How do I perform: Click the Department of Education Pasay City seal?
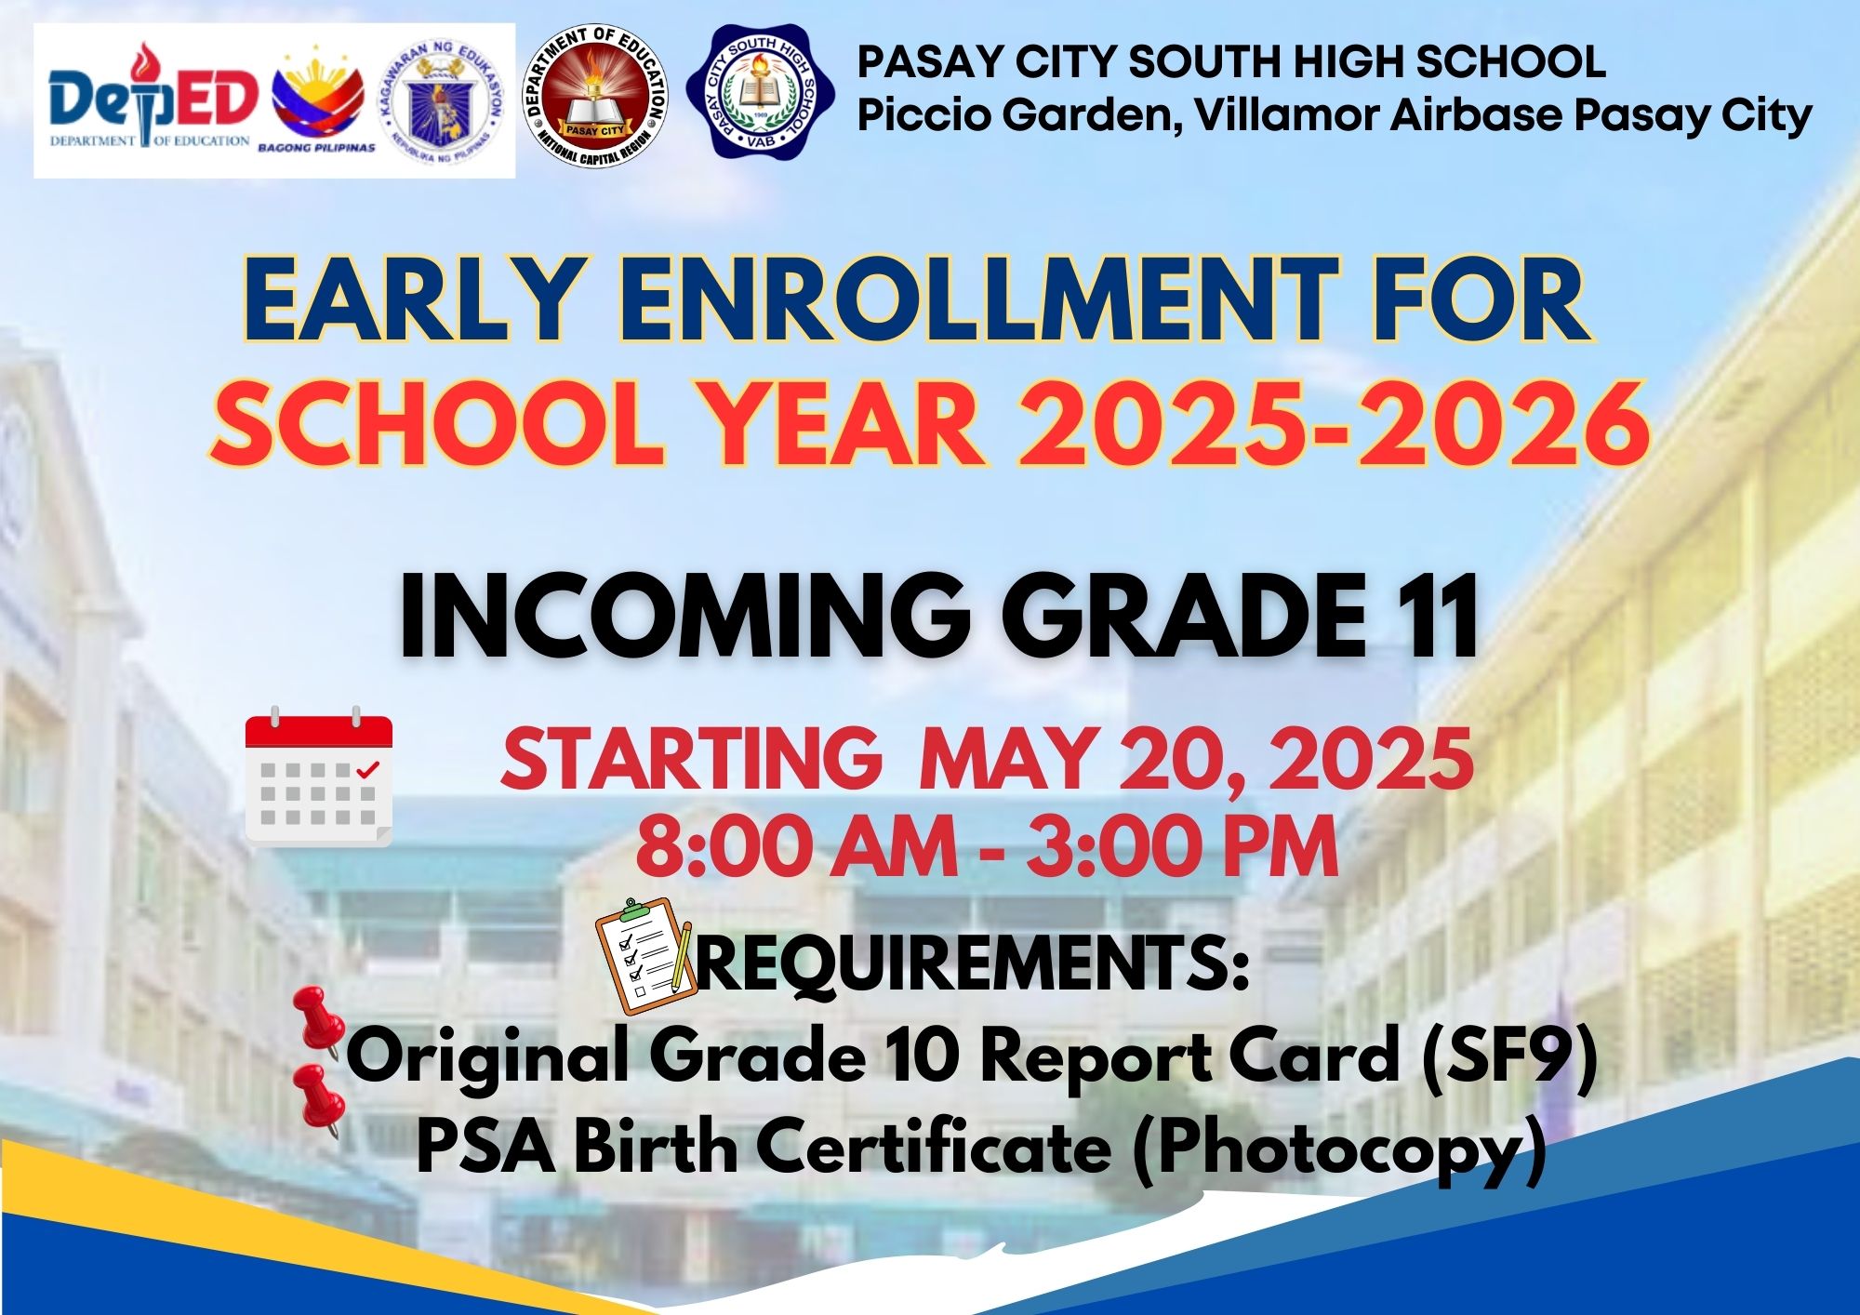coord(595,99)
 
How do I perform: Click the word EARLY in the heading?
coord(406,302)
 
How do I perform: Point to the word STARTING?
coord(691,760)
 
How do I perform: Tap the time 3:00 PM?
coord(1182,847)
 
